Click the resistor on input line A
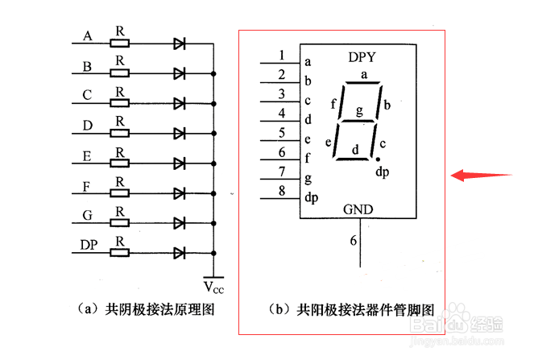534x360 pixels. pyautogui.click(x=119, y=43)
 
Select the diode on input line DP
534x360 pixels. pyautogui.click(x=179, y=253)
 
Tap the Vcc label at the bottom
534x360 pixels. pyautogui.click(x=213, y=288)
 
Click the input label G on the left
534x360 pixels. pyautogui.click(x=87, y=215)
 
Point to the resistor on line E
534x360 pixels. pyautogui.click(x=119, y=163)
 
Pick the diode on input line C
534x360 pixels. pyautogui.click(x=179, y=103)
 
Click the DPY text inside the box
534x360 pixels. pyautogui.click(x=362, y=57)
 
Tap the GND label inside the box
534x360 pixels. pyautogui.click(x=358, y=209)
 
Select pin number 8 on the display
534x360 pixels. pyautogui.click(x=282, y=191)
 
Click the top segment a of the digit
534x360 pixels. pyautogui.click(x=362, y=82)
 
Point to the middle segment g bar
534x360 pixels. pyautogui.click(x=358, y=121)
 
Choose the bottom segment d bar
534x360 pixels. pyautogui.click(x=353, y=159)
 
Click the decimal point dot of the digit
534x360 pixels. pyautogui.click(x=378, y=159)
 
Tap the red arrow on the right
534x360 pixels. pyautogui.click(x=482, y=175)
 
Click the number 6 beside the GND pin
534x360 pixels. pyautogui.click(x=353, y=241)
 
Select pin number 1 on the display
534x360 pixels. pyautogui.click(x=281, y=56)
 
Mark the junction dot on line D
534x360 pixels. pyautogui.click(x=213, y=134)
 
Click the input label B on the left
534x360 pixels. pyautogui.click(x=87, y=66)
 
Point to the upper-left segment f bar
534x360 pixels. pyautogui.click(x=342, y=101)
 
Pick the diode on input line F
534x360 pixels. pyautogui.click(x=179, y=193)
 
